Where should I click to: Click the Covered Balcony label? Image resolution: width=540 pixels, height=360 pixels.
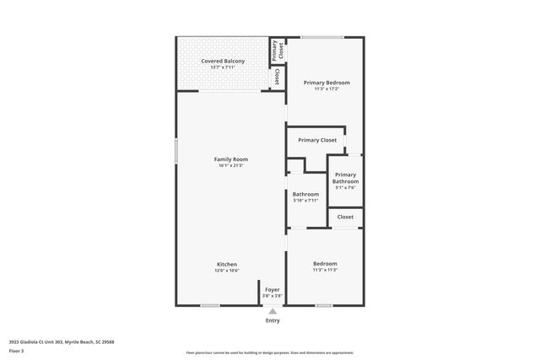pyautogui.click(x=223, y=62)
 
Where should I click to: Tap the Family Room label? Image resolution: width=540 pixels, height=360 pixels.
pyautogui.click(x=230, y=159)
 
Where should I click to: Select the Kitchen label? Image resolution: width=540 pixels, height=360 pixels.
pyautogui.click(x=225, y=264)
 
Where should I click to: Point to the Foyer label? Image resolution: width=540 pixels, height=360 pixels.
pyautogui.click(x=272, y=289)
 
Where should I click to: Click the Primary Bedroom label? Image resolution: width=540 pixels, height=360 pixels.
pyautogui.click(x=327, y=83)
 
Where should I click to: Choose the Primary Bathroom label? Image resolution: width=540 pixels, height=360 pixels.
pyautogui.click(x=345, y=178)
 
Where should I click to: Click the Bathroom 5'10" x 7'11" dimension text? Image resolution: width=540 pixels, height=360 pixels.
pyautogui.click(x=305, y=201)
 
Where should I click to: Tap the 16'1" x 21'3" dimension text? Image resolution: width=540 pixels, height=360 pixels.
pyautogui.click(x=230, y=165)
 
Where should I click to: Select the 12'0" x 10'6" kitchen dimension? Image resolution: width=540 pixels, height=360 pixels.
pyautogui.click(x=225, y=271)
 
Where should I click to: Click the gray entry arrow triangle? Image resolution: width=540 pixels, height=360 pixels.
pyautogui.click(x=272, y=310)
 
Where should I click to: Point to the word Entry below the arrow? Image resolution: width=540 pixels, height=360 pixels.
pyautogui.click(x=273, y=320)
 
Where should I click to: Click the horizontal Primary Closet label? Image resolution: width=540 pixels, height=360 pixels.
pyautogui.click(x=317, y=140)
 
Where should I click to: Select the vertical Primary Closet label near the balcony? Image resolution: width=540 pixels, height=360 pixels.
pyautogui.click(x=275, y=51)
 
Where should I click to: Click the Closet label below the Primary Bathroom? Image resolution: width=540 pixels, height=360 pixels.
pyautogui.click(x=345, y=217)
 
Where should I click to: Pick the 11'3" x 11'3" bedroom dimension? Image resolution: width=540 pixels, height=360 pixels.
pyautogui.click(x=325, y=270)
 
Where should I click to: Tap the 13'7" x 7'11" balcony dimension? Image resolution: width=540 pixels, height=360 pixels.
pyautogui.click(x=223, y=67)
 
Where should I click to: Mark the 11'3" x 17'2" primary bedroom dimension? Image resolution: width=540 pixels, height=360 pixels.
pyautogui.click(x=327, y=89)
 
